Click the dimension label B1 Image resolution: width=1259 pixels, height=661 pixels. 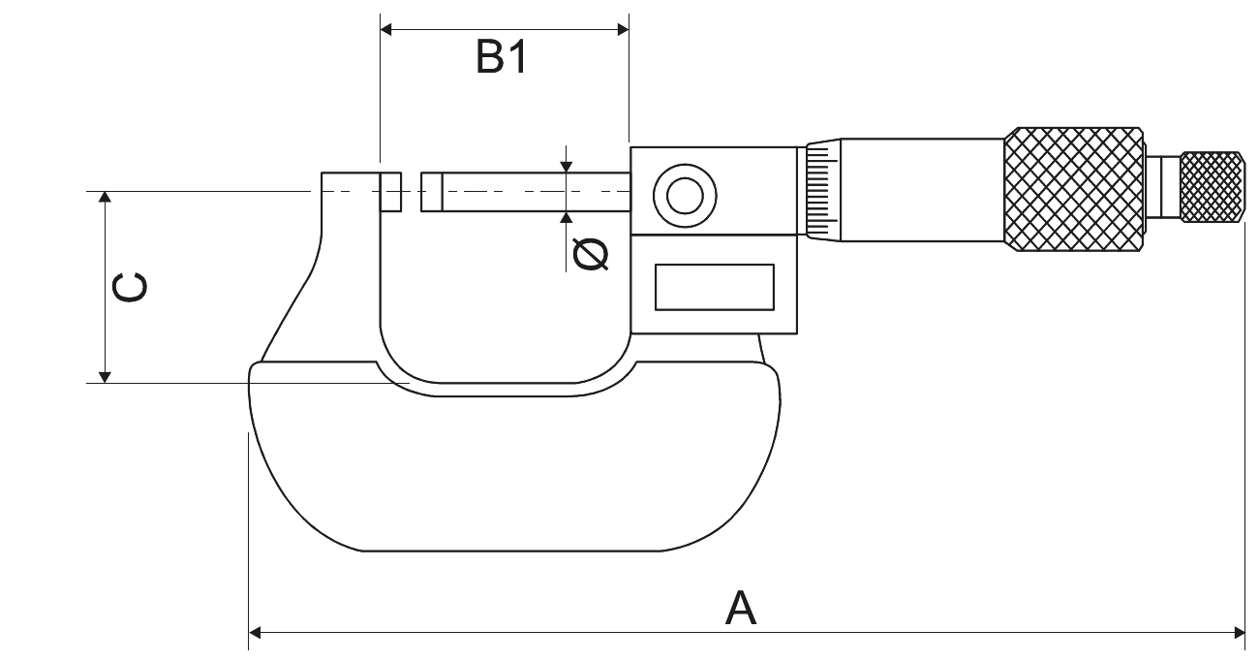pos(502,59)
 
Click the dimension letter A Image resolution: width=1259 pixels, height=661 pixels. pos(741,608)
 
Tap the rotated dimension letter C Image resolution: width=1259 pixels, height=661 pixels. pos(130,288)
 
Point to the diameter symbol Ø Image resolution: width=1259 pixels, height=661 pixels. pos(591,253)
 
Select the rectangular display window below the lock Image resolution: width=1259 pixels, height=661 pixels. pos(715,288)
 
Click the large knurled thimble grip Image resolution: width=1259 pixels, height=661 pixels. pos(1074,190)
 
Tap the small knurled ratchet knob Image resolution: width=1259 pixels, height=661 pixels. pos(1212,187)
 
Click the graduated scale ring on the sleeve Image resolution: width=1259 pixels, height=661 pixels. pos(820,191)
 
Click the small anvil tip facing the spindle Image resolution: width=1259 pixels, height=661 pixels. pos(390,192)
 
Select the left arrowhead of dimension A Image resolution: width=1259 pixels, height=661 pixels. pos(256,633)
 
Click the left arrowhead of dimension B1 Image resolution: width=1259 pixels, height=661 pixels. pos(386,30)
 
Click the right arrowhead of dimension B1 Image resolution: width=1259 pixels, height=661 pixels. pos(623,30)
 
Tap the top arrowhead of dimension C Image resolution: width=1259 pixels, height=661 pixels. pos(107,198)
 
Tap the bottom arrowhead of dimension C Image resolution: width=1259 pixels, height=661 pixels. pos(107,376)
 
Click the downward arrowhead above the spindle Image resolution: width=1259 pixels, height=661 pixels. pos(567,168)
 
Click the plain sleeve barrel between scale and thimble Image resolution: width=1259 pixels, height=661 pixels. pos(920,190)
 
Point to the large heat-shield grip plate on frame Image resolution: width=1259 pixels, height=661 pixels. pos(513,465)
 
